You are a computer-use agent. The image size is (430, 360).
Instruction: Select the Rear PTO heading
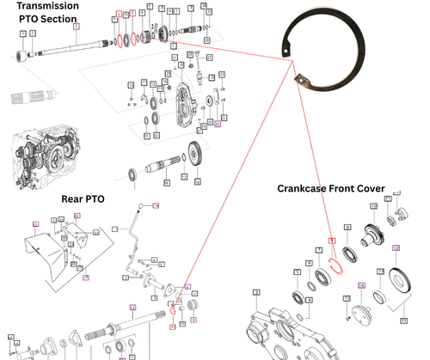coord(83,198)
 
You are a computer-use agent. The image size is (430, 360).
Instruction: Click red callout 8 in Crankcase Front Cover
coord(331,241)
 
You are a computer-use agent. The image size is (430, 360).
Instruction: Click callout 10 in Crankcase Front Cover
coord(373,206)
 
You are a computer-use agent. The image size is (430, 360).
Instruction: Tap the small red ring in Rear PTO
coord(173,312)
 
